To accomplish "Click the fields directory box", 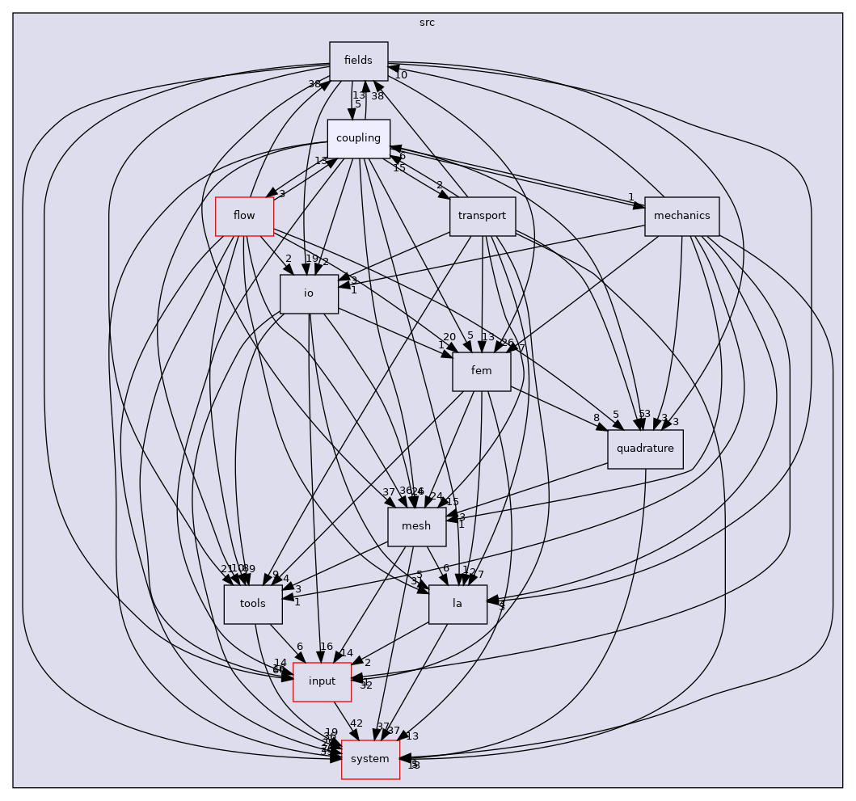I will [359, 61].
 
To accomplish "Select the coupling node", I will [358, 138].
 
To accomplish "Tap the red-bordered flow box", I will [244, 216].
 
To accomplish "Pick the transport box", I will [482, 216].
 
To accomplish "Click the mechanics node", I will [681, 216].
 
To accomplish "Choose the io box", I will [308, 293].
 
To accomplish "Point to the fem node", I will [481, 371].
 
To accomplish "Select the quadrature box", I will [645, 449].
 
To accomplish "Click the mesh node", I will [417, 526].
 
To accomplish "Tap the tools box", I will [253, 604].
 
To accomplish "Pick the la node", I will [458, 604].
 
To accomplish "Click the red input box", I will [322, 681].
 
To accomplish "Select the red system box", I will [370, 759].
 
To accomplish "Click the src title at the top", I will [427, 23].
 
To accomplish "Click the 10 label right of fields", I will [401, 75].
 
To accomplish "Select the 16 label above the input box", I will [327, 647].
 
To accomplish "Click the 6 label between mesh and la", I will [445, 568].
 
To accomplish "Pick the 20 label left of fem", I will [449, 337].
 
